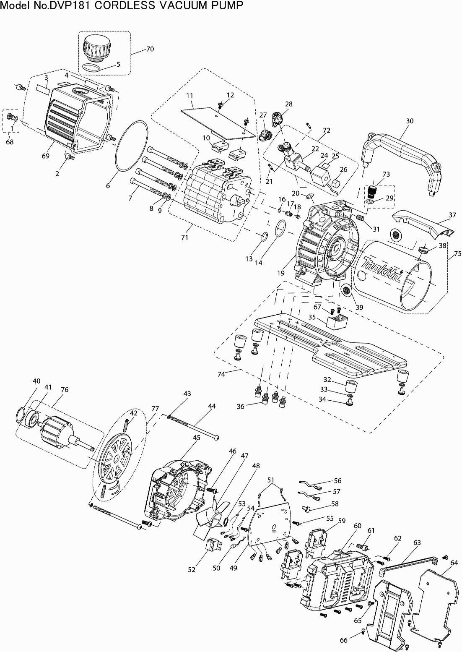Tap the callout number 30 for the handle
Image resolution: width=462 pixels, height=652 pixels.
[x=409, y=121]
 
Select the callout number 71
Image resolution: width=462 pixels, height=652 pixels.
[x=185, y=237]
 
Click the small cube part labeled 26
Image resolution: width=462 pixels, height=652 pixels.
[x=336, y=184]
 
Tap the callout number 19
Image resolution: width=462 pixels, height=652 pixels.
[x=281, y=273]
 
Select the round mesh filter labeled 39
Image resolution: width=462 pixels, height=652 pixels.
[x=346, y=290]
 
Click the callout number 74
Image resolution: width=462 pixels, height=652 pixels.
[x=221, y=374]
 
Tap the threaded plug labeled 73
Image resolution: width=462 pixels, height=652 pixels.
[x=371, y=191]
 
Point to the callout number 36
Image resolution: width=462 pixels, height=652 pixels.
[x=240, y=406]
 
